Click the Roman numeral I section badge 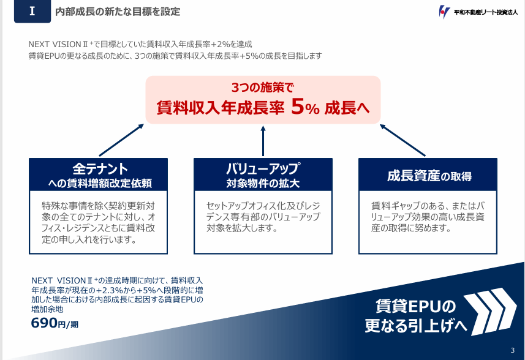32,12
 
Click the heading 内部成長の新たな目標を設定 118,12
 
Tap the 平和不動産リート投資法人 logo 478,12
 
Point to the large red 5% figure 305,107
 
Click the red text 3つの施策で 263,88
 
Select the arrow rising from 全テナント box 121,140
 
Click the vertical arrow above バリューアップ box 263,141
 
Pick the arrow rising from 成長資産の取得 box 402,140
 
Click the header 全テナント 100,168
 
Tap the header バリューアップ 263,168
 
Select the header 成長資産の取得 429,176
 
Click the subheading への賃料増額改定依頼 100,183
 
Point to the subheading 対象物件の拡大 263,183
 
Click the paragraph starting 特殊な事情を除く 99,222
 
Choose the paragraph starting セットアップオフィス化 263,217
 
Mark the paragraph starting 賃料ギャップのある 428,217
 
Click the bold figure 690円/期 55,323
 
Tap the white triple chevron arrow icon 490,311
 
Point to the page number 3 513,350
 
